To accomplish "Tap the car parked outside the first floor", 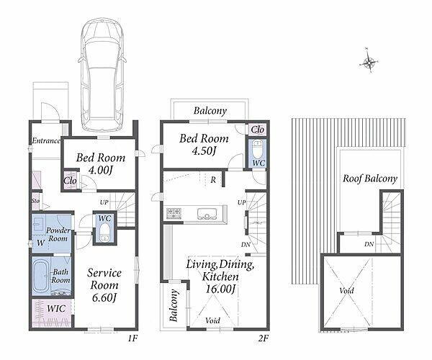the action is pos(102,75).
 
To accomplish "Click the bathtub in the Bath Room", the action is pos(41,276).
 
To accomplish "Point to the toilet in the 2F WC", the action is pos(258,149).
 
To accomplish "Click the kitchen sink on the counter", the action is pos(207,213).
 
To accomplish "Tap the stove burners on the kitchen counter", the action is pos(174,213).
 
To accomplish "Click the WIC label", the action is pos(56,308).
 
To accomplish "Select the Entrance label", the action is pos(46,140).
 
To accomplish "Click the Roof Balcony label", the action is pos(370,179).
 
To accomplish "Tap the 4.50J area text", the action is pos(203,151).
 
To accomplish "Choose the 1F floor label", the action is pos(132,338).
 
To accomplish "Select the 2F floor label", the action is pos(264,338).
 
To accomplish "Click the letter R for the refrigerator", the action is pos(213,180).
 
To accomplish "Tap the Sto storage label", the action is pos(35,201).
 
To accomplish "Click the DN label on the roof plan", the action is pos(369,244).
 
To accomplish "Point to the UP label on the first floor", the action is pos(104,202).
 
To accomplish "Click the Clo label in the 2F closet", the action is pos(258,130).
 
